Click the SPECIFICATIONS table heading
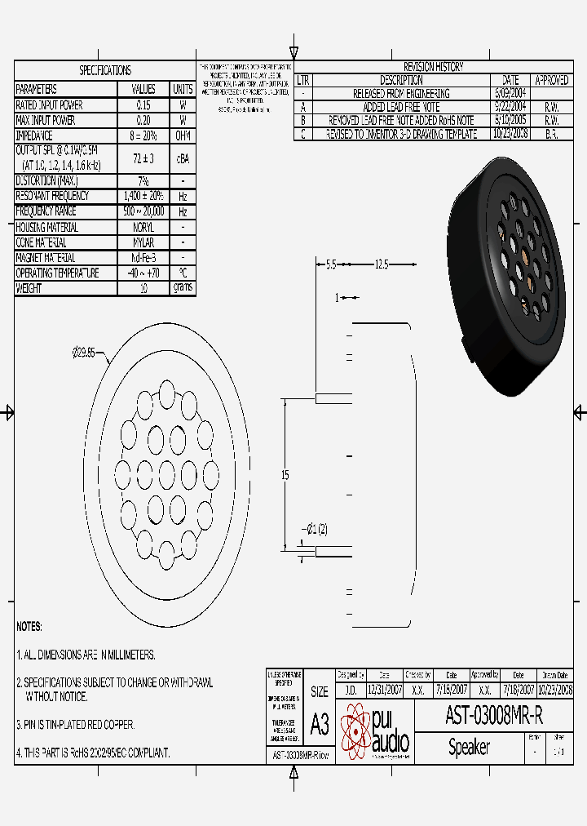coord(104,70)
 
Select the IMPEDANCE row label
coord(34,135)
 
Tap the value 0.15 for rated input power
coord(143,105)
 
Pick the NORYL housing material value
coord(143,228)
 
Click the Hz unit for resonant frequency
coord(183,197)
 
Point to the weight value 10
coord(143,289)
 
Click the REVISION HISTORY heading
coord(433,67)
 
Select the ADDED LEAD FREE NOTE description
coord(402,107)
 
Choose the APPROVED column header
coord(551,80)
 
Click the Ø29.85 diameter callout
coord(84,353)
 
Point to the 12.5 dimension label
coord(382,264)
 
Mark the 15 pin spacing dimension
coord(285,476)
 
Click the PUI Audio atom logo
coord(355,731)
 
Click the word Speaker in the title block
coord(469,747)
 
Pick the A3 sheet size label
coord(320,724)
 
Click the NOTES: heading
coord(29,627)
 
